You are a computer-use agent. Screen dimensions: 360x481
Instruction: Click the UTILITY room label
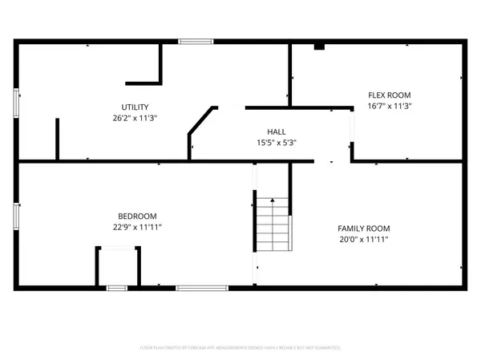click(x=135, y=107)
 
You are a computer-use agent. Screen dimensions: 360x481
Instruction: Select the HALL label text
click(x=277, y=132)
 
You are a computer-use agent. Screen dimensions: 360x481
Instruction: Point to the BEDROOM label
click(x=137, y=216)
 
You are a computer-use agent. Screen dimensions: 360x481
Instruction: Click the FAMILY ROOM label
click(x=363, y=229)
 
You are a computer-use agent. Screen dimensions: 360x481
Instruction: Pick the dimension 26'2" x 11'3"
click(x=135, y=118)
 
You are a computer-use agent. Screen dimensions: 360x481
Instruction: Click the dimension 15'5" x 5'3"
click(x=277, y=143)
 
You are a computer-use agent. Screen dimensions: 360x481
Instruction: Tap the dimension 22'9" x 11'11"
click(x=137, y=227)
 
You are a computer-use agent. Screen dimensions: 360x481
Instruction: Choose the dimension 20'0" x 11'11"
click(x=363, y=239)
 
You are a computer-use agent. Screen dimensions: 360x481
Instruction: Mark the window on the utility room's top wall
click(x=192, y=41)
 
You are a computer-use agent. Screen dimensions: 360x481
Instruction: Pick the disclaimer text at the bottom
click(x=240, y=348)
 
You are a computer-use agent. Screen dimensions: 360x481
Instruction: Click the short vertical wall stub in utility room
click(x=57, y=139)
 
